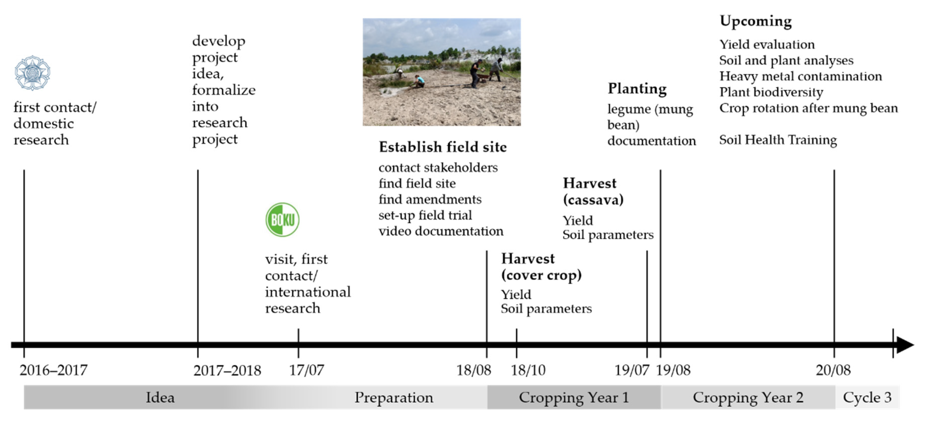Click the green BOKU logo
(282, 219)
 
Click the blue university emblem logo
(32, 73)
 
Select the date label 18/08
(474, 370)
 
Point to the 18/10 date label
(528, 370)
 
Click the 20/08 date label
(833, 370)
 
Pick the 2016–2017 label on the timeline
(53, 370)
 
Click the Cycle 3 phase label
(867, 397)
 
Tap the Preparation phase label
(394, 397)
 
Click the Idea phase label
(160, 397)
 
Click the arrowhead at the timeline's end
(905, 345)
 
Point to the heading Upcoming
(755, 21)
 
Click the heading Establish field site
(443, 147)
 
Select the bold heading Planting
(637, 89)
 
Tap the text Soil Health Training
(778, 140)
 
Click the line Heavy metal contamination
(801, 76)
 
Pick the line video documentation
(441, 231)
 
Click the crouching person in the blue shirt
(419, 81)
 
